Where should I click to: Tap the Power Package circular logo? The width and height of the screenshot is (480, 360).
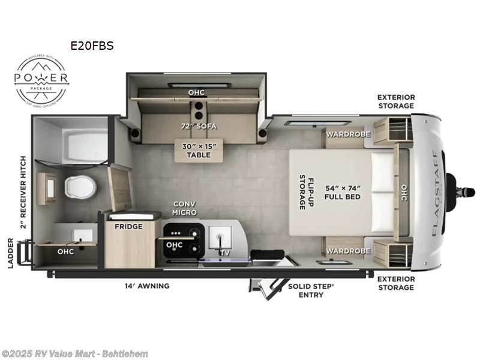(x=42, y=80)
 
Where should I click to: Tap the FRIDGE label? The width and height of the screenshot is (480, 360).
(x=130, y=226)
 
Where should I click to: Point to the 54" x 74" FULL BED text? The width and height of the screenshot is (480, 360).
(x=342, y=192)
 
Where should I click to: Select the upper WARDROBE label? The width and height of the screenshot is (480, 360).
(x=348, y=134)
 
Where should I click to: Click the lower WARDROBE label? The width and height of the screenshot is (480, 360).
(x=348, y=251)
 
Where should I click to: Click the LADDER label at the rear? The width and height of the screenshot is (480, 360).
(x=11, y=256)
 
